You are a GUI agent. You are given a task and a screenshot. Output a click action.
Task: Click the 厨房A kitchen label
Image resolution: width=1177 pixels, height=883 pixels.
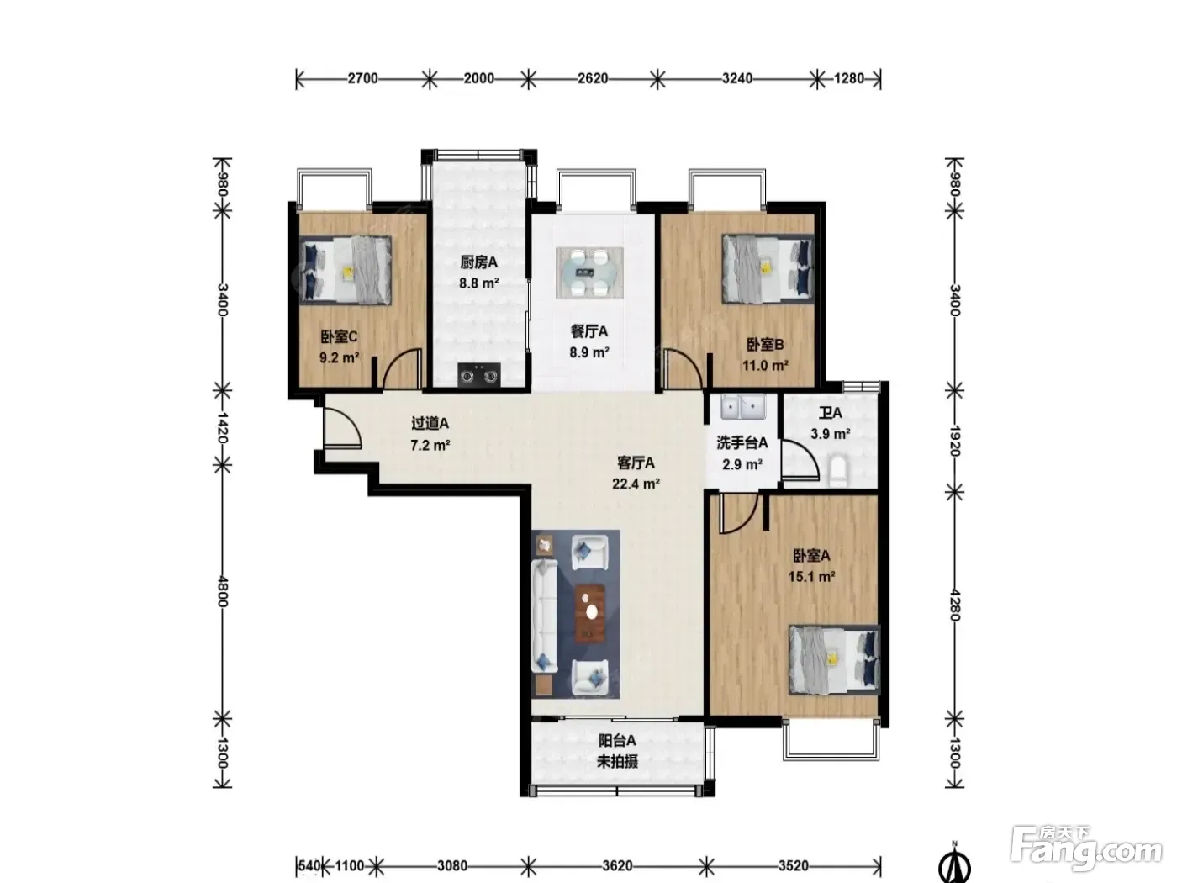point(478,262)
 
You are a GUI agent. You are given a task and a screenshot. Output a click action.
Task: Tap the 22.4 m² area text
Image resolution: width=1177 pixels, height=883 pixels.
point(636,484)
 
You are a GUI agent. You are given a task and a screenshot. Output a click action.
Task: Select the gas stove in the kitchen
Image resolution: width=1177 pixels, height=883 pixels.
point(479,375)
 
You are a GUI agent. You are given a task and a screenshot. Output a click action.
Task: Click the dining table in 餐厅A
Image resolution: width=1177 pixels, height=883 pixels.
point(589,272)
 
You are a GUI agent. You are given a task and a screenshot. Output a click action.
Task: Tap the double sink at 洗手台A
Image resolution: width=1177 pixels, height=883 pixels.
point(743,407)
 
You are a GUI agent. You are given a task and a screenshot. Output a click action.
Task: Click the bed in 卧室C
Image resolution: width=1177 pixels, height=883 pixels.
point(346,270)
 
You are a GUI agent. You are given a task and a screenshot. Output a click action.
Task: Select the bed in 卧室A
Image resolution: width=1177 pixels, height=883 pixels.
point(834,660)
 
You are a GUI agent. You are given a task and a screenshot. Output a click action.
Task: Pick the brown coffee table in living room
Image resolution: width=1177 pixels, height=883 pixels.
point(590,613)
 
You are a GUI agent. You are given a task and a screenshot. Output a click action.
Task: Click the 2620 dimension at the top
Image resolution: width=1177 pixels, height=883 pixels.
point(593,79)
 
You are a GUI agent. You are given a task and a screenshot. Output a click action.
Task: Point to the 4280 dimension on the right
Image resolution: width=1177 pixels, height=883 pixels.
point(955,605)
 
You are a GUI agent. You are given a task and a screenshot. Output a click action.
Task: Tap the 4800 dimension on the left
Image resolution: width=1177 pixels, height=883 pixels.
point(223,592)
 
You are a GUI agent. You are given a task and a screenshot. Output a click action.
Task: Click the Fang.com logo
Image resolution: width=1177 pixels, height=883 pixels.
point(1085,849)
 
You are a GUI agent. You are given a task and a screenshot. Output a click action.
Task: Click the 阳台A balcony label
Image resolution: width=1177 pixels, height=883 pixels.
point(616,740)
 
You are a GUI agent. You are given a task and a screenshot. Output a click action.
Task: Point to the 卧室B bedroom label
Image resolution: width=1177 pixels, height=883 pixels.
point(765,344)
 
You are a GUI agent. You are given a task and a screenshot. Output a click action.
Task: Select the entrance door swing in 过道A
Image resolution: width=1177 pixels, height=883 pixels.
point(342,426)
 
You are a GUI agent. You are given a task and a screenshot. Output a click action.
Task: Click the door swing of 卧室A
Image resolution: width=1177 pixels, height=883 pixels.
point(738,514)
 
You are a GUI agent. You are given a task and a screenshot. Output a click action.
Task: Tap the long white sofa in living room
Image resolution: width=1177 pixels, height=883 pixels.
point(544,616)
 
